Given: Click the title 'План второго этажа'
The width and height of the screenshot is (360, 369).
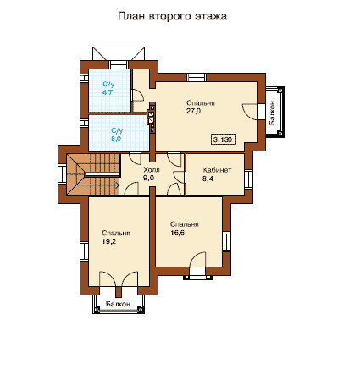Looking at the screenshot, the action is click(172, 16).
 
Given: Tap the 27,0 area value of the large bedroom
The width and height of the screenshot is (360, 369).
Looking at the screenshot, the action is click(193, 111).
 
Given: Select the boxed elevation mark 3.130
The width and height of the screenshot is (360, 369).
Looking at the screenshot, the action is click(224, 140).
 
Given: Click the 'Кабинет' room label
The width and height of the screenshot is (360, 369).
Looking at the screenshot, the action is click(217, 170).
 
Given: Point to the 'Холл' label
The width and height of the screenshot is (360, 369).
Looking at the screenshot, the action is click(152, 170).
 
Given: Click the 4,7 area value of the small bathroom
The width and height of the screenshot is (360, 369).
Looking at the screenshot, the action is click(108, 92).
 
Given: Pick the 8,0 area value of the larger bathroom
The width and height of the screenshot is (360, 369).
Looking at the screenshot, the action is click(116, 139).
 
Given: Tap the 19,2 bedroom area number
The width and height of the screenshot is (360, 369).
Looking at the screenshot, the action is click(109, 241).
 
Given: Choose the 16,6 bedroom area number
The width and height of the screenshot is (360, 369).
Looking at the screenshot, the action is click(178, 233).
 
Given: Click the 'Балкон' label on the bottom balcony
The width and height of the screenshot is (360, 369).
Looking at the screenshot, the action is click(118, 304).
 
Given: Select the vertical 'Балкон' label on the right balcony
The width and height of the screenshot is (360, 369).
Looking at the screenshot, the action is click(273, 113).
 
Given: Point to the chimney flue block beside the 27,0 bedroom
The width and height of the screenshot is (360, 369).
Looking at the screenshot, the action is click(152, 118).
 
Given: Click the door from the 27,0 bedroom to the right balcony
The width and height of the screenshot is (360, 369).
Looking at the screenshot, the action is click(250, 112).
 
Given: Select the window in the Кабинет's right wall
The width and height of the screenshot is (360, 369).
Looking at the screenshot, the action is click(248, 179).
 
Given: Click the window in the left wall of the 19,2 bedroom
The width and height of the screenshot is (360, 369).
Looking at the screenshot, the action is click(84, 251).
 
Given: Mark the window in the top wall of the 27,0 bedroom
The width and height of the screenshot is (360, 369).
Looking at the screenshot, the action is click(197, 77).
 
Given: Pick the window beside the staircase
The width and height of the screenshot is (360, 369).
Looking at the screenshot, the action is click(62, 173).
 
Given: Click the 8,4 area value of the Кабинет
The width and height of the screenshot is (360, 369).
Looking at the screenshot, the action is click(208, 179).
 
